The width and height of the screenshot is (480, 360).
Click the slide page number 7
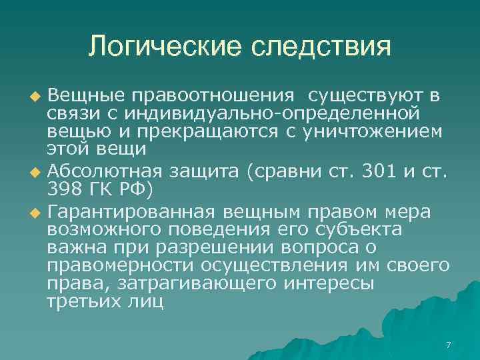point(448,345)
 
